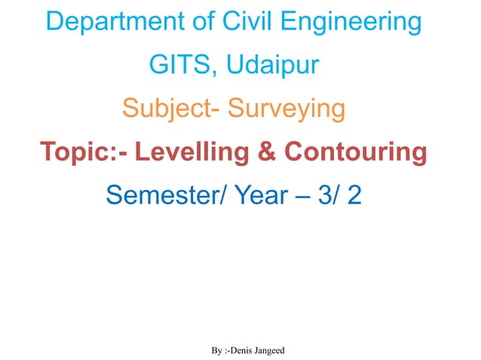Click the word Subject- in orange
click(x=170, y=110)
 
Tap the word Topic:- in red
click(x=84, y=153)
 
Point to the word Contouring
click(x=354, y=153)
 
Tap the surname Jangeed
click(x=271, y=352)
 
